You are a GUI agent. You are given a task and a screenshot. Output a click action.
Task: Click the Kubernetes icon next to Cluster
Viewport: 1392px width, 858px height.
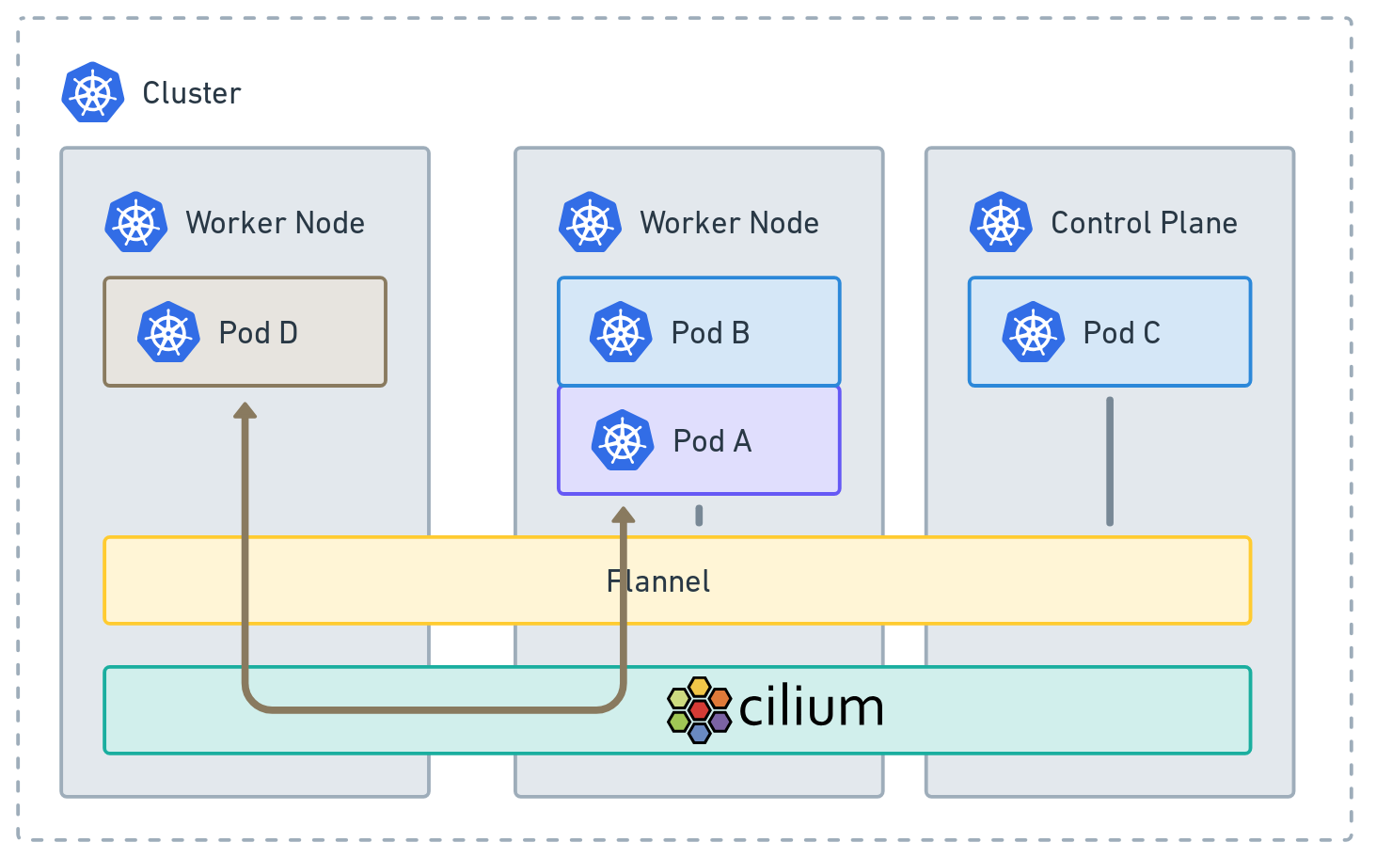(93, 92)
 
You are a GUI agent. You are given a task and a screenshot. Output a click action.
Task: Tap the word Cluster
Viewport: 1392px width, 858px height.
(192, 93)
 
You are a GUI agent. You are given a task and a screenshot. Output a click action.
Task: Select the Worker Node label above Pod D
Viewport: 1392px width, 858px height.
(275, 223)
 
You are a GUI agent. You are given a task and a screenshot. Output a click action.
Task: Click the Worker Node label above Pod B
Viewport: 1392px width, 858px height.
(729, 223)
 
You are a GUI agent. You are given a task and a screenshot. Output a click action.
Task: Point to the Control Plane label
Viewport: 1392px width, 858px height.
(1144, 223)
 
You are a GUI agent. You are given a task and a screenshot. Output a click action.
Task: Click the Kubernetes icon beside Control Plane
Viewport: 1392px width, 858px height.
(1001, 223)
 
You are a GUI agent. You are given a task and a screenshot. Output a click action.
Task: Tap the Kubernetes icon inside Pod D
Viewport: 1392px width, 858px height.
(168, 332)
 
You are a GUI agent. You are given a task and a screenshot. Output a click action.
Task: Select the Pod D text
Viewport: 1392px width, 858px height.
(258, 333)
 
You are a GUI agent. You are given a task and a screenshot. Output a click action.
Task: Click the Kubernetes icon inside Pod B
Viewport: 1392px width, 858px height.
(621, 332)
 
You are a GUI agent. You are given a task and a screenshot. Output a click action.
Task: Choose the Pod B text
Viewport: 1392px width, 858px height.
(710, 333)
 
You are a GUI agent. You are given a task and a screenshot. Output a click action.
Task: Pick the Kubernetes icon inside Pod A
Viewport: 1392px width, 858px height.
(623, 440)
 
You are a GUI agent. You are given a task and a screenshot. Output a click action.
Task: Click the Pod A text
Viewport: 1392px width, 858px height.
(712, 441)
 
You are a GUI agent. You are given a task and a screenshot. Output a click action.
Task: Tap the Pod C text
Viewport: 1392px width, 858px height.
(1121, 333)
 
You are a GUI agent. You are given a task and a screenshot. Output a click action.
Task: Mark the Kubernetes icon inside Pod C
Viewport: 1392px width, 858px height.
(1033, 332)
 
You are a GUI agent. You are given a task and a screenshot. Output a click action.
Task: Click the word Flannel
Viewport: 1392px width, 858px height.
(658, 581)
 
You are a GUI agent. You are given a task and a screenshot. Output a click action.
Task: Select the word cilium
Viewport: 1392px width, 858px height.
(811, 708)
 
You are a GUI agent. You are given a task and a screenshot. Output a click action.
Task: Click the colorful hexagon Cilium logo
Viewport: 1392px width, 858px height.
(699, 709)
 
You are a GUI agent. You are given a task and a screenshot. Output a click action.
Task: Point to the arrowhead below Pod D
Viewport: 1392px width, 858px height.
(245, 410)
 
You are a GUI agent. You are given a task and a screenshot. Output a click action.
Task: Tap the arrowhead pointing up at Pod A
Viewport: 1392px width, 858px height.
(623, 515)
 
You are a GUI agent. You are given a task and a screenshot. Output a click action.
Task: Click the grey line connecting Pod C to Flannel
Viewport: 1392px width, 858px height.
(1110, 461)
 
